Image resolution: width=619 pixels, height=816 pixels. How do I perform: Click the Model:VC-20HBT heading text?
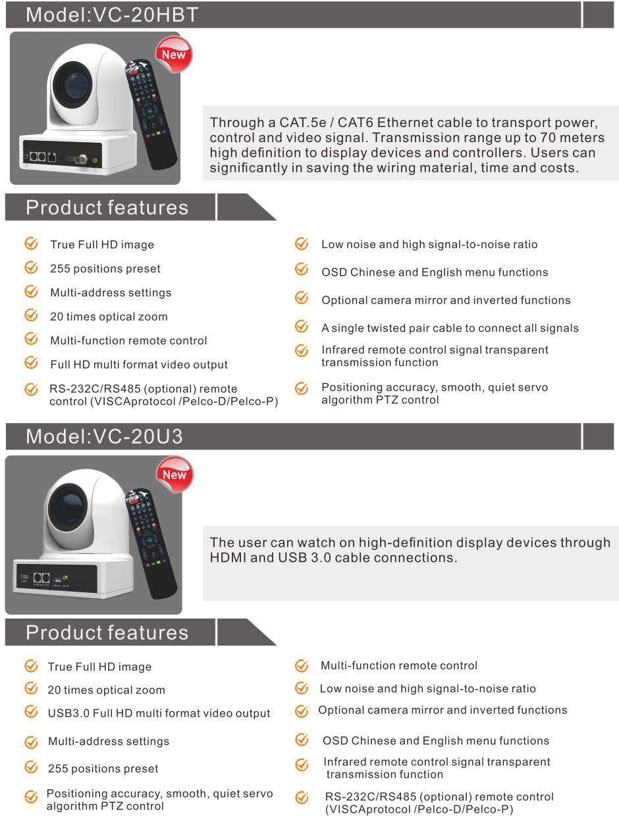[112, 14]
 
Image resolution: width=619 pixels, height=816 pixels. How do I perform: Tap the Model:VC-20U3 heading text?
[104, 436]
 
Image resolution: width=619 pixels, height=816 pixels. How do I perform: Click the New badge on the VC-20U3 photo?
[175, 474]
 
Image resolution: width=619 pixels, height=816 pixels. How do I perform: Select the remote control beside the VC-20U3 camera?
[152, 543]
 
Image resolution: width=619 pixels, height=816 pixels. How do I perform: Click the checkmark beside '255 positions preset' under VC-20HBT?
[31, 268]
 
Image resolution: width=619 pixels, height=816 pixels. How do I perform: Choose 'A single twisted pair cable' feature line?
[450, 328]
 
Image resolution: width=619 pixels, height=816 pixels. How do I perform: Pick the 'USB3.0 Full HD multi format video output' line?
[159, 713]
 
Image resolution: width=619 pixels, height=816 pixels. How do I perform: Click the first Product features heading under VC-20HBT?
[107, 207]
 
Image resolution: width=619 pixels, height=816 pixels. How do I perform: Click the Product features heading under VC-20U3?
[107, 632]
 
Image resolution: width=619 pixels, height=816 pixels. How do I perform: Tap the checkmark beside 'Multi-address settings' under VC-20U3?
[31, 742]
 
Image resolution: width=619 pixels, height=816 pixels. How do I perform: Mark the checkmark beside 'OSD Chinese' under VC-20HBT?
[302, 270]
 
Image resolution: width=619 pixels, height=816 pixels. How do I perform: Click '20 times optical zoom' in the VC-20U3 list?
[106, 690]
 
